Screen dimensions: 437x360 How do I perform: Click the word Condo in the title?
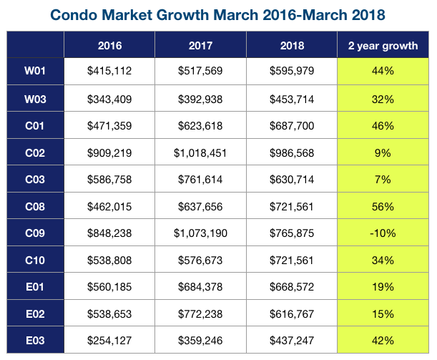[x=74, y=15]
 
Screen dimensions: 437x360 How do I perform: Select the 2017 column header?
[x=200, y=46]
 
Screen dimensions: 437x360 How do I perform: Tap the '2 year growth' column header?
[x=383, y=46]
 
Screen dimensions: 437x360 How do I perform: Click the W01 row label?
[x=35, y=71]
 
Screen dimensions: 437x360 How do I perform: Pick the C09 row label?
[x=35, y=233]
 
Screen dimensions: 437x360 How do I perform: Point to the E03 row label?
[x=35, y=341]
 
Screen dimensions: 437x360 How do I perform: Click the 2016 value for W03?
[x=109, y=99]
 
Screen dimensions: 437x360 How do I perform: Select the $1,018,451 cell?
[x=200, y=153]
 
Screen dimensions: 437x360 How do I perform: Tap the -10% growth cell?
[x=383, y=233]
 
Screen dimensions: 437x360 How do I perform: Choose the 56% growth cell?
[x=383, y=207]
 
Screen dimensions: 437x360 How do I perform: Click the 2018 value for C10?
[x=292, y=261]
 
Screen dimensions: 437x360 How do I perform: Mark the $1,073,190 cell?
[x=200, y=233]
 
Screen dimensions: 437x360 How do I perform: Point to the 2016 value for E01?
[x=109, y=287]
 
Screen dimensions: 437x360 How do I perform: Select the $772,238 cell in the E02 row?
[x=200, y=314]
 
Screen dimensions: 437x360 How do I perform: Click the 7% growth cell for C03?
[x=383, y=180]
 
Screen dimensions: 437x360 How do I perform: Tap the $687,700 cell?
[x=292, y=126]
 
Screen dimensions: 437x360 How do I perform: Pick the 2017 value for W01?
[x=200, y=71]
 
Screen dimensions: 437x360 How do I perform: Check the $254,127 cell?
[x=109, y=341]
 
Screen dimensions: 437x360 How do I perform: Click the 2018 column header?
[x=292, y=46]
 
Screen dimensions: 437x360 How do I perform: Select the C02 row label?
[x=35, y=153]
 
